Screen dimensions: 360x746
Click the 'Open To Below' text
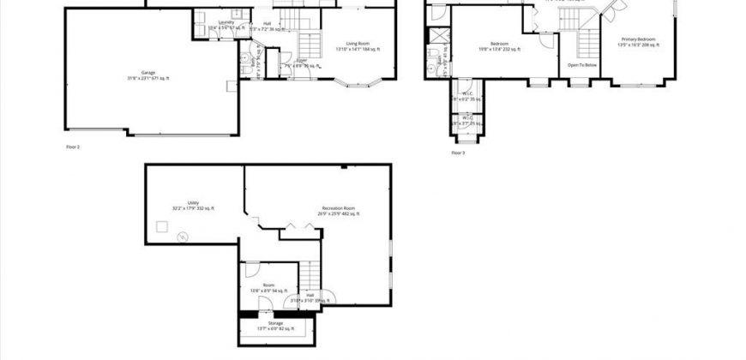point(582,64)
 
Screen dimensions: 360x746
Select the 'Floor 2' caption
point(73,147)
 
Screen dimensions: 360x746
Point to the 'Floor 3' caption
point(458,153)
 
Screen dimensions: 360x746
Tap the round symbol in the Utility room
point(182,237)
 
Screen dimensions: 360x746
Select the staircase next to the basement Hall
point(309,275)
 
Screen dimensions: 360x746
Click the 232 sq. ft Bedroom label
point(499,46)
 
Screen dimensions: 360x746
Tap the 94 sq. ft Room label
point(268,287)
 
